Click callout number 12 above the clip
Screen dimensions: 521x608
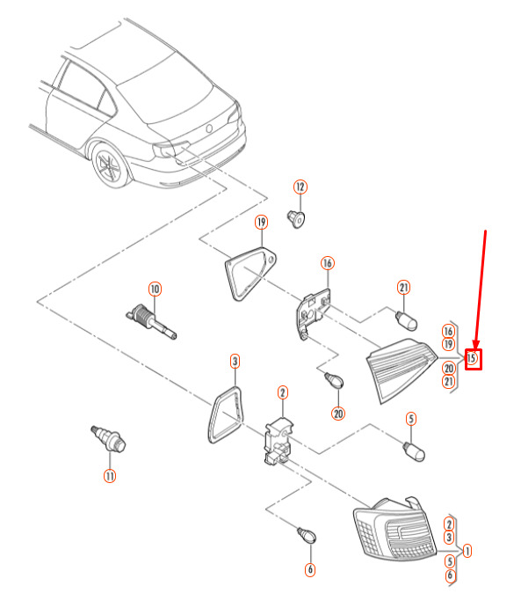click(x=300, y=187)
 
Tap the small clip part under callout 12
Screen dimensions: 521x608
click(x=296, y=219)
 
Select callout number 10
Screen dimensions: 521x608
click(x=155, y=289)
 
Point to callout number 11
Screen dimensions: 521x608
click(x=110, y=476)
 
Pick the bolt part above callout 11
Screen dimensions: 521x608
click(x=109, y=438)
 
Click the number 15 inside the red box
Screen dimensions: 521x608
click(x=471, y=357)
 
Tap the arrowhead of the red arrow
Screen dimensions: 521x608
click(x=476, y=345)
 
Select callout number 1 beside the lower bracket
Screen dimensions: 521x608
click(x=467, y=551)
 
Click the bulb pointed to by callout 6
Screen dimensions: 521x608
click(x=307, y=535)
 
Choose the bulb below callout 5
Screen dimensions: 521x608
click(x=414, y=452)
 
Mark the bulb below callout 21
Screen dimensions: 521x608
click(x=406, y=320)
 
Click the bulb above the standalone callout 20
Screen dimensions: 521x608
click(x=334, y=379)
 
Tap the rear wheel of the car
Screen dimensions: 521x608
click(x=110, y=166)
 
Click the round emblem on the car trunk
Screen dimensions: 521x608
click(x=209, y=128)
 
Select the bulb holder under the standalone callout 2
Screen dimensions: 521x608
click(x=279, y=441)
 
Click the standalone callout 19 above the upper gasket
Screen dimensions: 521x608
click(x=261, y=223)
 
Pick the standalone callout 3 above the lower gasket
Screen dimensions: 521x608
click(x=235, y=362)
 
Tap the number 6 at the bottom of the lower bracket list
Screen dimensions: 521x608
click(x=450, y=575)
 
